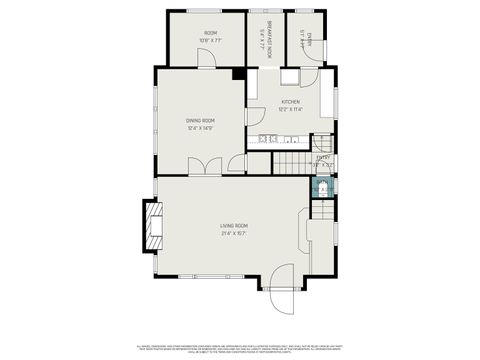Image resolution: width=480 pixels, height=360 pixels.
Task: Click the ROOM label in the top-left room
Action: (x=211, y=33)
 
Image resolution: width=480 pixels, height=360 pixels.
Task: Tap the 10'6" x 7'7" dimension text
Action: (x=211, y=41)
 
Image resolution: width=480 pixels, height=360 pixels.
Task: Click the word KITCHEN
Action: (x=291, y=102)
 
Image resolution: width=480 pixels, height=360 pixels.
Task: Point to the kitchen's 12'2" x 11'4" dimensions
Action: (x=291, y=110)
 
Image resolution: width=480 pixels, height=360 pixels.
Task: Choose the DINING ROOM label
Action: (x=201, y=120)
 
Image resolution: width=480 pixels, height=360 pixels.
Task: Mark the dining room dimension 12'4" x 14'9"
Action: (x=201, y=128)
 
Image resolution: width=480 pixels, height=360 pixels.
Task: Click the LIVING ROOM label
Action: (x=234, y=226)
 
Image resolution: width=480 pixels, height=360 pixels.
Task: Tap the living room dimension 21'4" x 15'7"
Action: (x=234, y=234)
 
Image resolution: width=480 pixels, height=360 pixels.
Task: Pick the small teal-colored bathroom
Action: (x=322, y=187)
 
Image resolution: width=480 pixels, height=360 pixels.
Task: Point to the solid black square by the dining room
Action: (x=239, y=73)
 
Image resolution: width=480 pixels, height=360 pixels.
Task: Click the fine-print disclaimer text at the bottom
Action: (x=240, y=346)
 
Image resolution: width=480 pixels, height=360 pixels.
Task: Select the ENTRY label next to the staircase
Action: (x=323, y=157)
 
